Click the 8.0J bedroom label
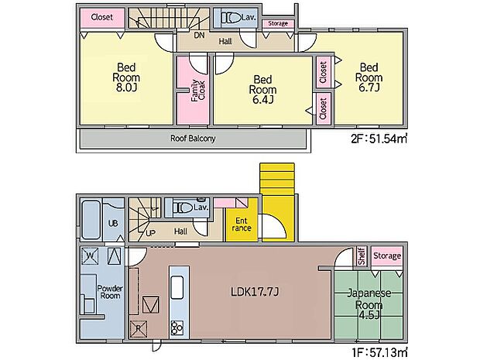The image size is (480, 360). (x=126, y=77)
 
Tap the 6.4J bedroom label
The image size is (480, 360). (x=262, y=89)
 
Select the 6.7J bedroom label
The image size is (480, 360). (x=369, y=77)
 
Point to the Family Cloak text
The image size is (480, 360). (x=197, y=91)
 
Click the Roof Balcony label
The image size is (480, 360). (x=193, y=139)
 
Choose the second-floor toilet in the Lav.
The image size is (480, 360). (x=231, y=18)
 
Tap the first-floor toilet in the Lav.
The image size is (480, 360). (x=183, y=207)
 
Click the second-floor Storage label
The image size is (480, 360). (x=278, y=23)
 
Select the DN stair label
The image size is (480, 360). (x=199, y=36)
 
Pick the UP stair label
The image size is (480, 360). (x=150, y=233)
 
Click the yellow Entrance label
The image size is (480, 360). (x=242, y=225)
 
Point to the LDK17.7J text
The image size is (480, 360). (x=255, y=292)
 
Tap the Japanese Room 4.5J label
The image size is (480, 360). (x=369, y=304)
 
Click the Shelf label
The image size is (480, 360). (x=362, y=256)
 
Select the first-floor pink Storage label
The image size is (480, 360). (x=387, y=255)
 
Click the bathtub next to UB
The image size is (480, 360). (x=91, y=220)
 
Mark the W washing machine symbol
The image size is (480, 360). (x=91, y=256)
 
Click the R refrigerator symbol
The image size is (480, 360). (x=139, y=328)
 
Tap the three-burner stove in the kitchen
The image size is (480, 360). (x=177, y=327)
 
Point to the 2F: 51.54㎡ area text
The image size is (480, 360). (x=379, y=139)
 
